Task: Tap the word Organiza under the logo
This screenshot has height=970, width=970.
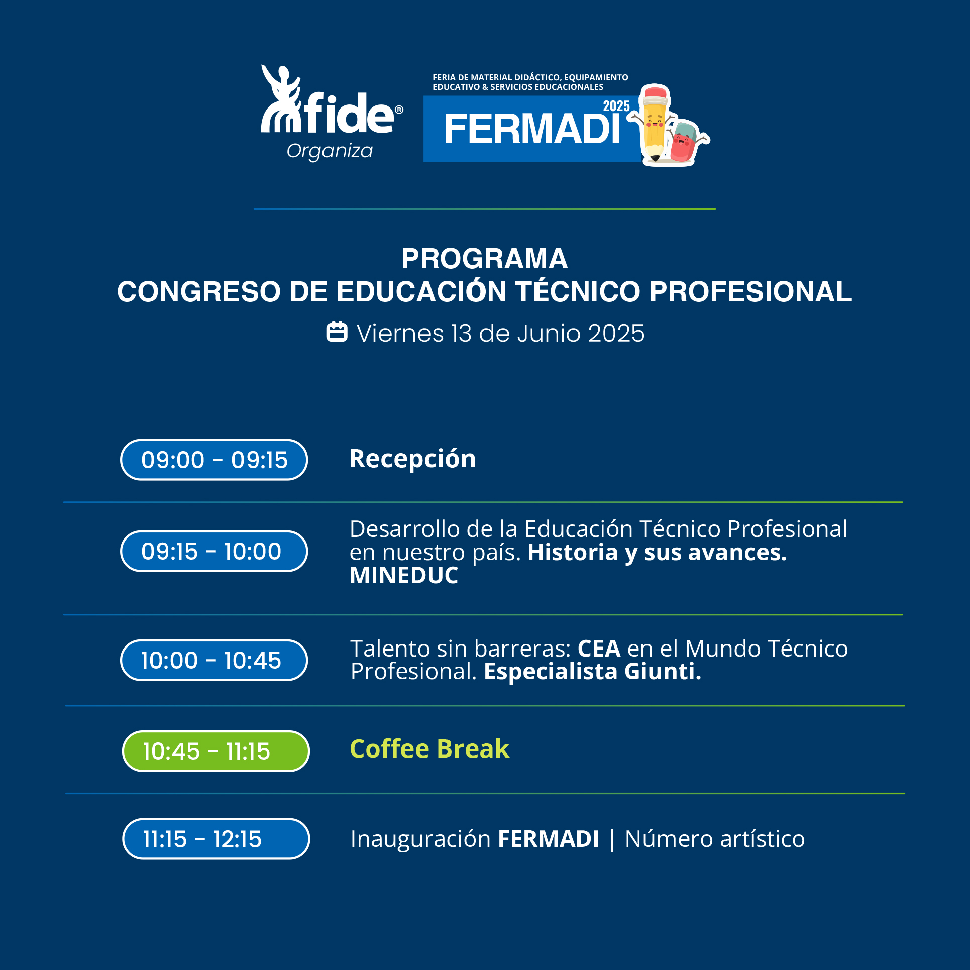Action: [330, 151]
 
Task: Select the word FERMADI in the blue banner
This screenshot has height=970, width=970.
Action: [532, 129]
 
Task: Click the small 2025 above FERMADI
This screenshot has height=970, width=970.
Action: [616, 106]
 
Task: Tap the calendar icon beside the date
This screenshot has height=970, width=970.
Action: [337, 332]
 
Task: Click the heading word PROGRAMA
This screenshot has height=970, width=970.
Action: [484, 259]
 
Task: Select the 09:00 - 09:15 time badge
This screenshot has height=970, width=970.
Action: [214, 460]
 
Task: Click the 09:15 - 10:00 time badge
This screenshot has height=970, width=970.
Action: [214, 551]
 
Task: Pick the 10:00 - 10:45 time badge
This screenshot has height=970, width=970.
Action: [214, 660]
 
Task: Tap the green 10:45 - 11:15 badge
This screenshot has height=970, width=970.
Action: [216, 751]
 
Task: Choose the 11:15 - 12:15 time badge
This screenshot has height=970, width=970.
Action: [216, 839]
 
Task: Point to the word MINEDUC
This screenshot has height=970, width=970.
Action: [404, 575]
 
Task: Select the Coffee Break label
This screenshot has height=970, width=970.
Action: [429, 749]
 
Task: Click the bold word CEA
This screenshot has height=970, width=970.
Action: [599, 649]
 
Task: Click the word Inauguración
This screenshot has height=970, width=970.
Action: [420, 839]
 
